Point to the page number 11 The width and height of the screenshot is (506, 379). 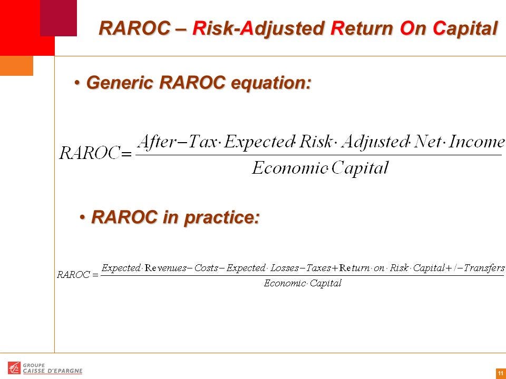click(x=501, y=373)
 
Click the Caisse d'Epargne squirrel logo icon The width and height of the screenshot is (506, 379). click(x=14, y=368)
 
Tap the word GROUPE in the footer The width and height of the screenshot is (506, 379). click(x=34, y=365)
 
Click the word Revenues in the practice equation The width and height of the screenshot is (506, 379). click(x=166, y=268)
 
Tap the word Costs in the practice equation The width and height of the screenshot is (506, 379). click(x=206, y=268)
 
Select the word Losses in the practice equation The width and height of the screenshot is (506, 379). click(x=285, y=268)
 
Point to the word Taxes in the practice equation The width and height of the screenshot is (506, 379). click(x=318, y=268)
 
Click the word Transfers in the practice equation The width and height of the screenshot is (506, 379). click(x=484, y=268)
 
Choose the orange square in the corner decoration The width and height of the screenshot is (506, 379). click(x=16, y=66)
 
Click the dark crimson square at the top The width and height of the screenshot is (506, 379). click(x=59, y=18)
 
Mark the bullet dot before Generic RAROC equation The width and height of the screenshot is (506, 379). click(x=77, y=83)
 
